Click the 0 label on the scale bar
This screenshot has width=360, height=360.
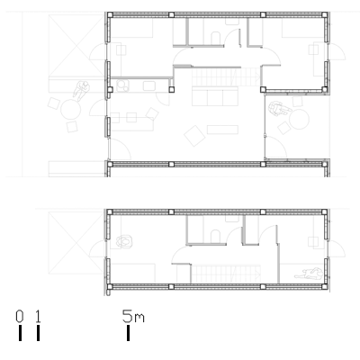point(20,317)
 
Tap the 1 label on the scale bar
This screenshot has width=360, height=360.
point(38,317)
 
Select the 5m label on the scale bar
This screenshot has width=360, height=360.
point(133,317)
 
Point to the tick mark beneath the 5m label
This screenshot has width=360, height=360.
point(129,333)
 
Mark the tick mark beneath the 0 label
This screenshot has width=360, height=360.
point(20,333)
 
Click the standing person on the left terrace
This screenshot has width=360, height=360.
point(81,91)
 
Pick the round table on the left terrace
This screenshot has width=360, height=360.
point(71,110)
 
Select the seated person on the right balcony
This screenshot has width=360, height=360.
point(279,109)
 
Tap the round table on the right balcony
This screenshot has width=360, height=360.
point(299,120)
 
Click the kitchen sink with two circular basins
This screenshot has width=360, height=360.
point(123,85)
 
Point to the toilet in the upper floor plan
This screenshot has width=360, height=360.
point(216,38)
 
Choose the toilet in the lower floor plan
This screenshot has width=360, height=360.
point(216,236)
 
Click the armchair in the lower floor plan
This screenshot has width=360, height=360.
point(124,241)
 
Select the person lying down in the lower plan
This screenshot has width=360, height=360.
point(309,274)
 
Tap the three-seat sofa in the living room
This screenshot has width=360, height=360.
point(215,96)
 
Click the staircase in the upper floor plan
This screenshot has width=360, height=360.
point(225,76)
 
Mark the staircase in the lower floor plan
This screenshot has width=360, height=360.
point(225,274)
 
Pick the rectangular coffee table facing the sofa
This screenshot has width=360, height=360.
point(222,130)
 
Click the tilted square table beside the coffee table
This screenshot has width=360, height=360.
point(194,136)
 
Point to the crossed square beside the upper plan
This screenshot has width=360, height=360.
point(76,46)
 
